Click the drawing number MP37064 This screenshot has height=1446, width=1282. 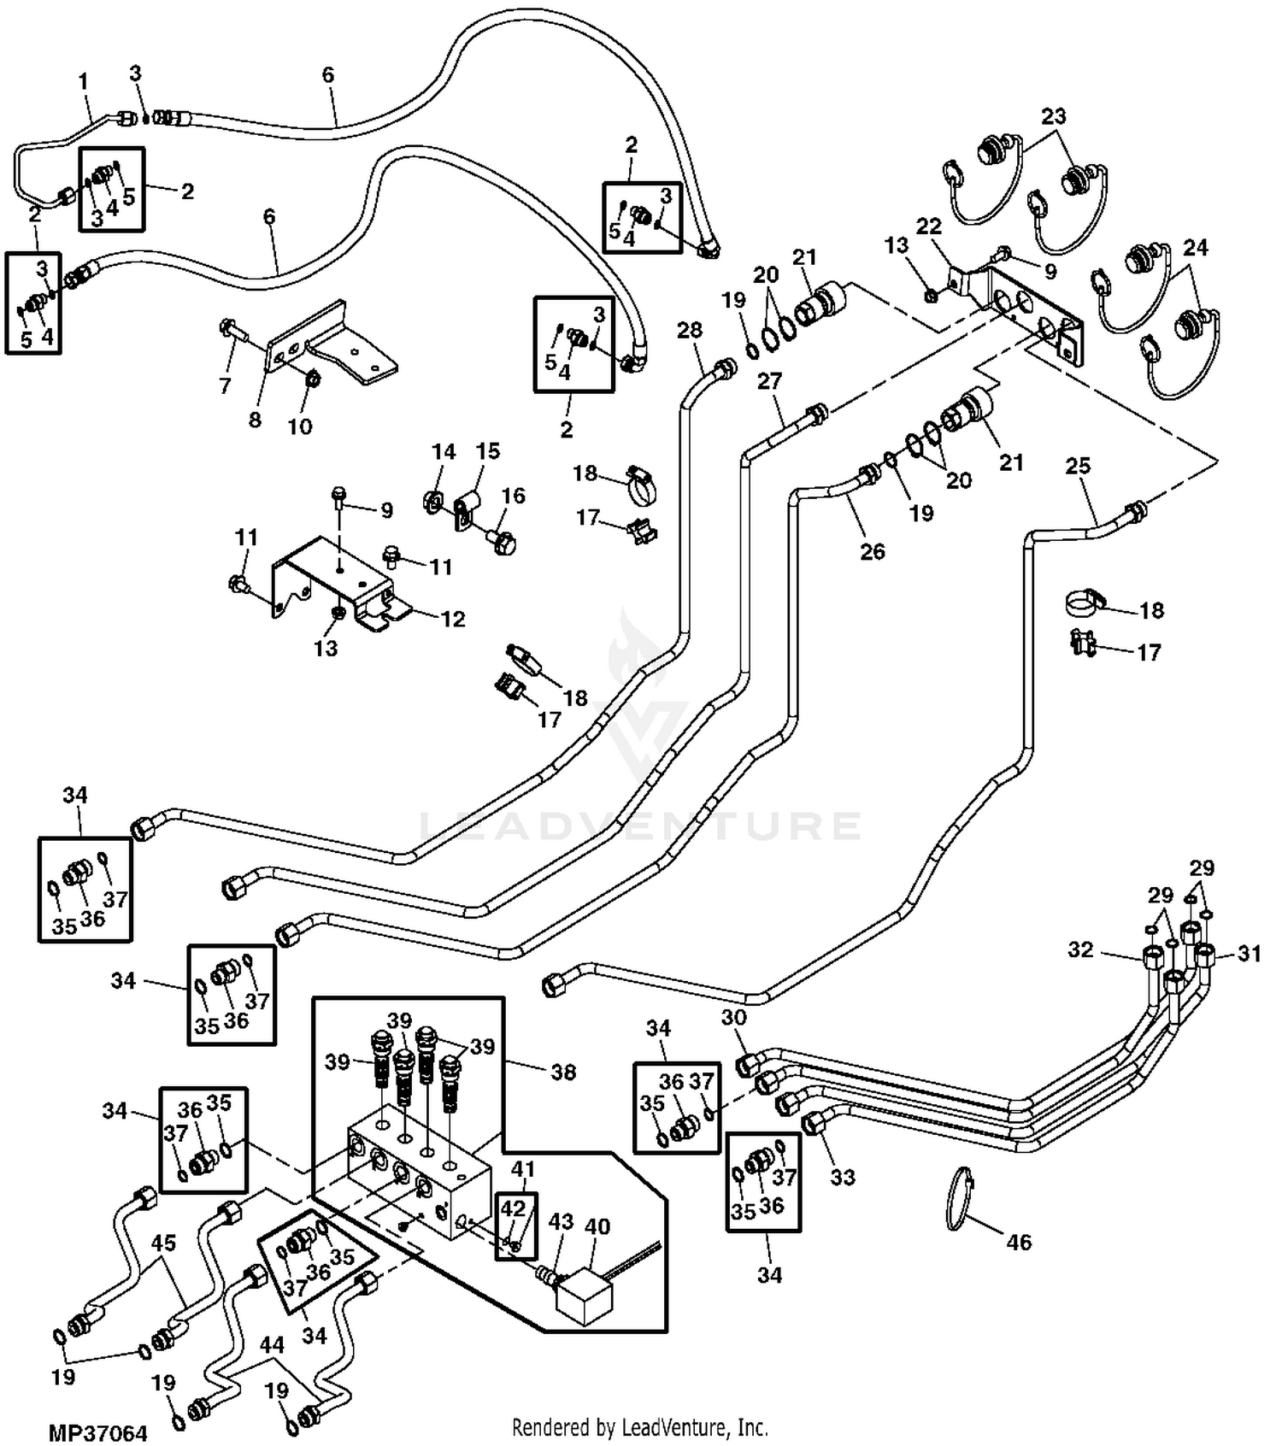click(x=97, y=1432)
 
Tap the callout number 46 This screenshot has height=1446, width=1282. click(x=1019, y=1242)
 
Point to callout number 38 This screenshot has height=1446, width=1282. click(x=563, y=1072)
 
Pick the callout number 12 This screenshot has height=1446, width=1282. click(x=453, y=619)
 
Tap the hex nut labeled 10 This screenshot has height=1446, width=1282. click(x=313, y=377)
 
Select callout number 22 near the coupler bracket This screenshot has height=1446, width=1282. click(x=929, y=226)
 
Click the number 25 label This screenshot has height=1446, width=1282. click(x=1079, y=466)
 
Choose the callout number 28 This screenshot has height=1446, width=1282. click(x=690, y=330)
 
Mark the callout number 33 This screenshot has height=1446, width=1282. click(x=843, y=1177)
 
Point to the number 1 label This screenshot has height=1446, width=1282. click(x=84, y=82)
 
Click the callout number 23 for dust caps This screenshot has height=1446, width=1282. click(x=1054, y=115)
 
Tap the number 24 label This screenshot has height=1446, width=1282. click(x=1195, y=248)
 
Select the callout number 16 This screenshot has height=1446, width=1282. click(x=513, y=496)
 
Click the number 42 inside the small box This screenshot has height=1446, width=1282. click(x=513, y=1209)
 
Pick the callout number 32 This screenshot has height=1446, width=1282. click(x=1080, y=949)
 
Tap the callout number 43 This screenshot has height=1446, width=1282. click(x=561, y=1222)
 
